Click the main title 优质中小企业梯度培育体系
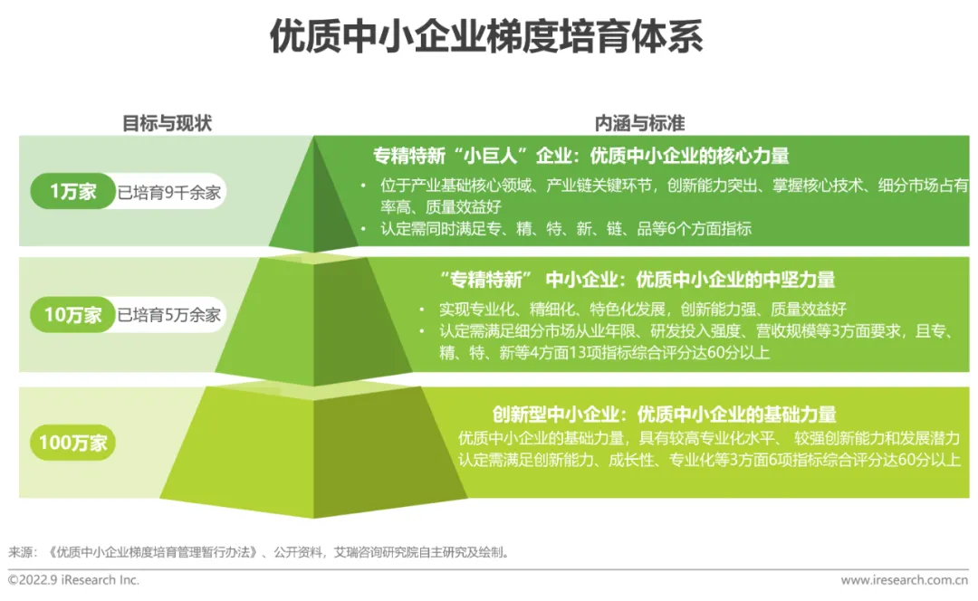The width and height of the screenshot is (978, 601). (x=486, y=38)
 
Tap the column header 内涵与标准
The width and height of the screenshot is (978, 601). (x=639, y=124)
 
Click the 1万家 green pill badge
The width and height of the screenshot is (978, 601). (x=72, y=192)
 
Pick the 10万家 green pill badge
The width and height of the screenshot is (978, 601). (x=73, y=315)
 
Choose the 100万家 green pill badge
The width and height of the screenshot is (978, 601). (x=72, y=443)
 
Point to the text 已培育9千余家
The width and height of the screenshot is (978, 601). (x=169, y=192)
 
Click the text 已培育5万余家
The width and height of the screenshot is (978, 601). (x=169, y=315)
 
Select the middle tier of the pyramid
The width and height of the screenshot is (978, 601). (x=313, y=326)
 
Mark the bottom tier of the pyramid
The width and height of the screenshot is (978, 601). (x=313, y=453)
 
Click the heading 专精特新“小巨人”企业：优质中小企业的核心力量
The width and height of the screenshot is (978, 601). (x=580, y=155)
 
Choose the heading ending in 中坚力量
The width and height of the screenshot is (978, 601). (x=637, y=280)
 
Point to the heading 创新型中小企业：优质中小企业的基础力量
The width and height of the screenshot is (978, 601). (x=664, y=415)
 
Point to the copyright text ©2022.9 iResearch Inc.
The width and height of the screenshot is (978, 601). (x=74, y=580)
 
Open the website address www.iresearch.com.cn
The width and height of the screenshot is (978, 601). (x=904, y=580)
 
